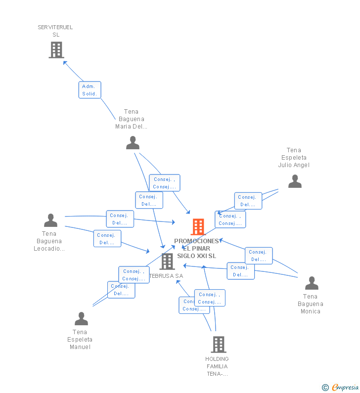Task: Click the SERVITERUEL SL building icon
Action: (56, 49)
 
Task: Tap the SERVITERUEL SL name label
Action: (55, 31)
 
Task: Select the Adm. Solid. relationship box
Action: (90, 90)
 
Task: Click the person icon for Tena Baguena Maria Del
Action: (133, 143)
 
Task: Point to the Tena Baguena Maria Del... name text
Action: (132, 119)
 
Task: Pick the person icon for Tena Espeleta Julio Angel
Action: (295, 181)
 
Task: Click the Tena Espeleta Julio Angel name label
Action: (294, 158)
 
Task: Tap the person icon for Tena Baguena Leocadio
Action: (50, 220)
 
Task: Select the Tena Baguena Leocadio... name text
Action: (49, 241)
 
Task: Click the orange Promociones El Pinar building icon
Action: (198, 227)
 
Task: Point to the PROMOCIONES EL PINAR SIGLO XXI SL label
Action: (196, 249)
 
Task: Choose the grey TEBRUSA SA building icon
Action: (167, 261)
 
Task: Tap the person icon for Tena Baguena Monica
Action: (312, 283)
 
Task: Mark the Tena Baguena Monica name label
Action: (311, 304)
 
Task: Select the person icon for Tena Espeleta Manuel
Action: (81, 319)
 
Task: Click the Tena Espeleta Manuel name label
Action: (80, 340)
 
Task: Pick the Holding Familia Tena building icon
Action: (219, 344)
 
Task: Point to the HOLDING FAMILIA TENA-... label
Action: (217, 366)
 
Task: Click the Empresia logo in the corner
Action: (340, 388)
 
